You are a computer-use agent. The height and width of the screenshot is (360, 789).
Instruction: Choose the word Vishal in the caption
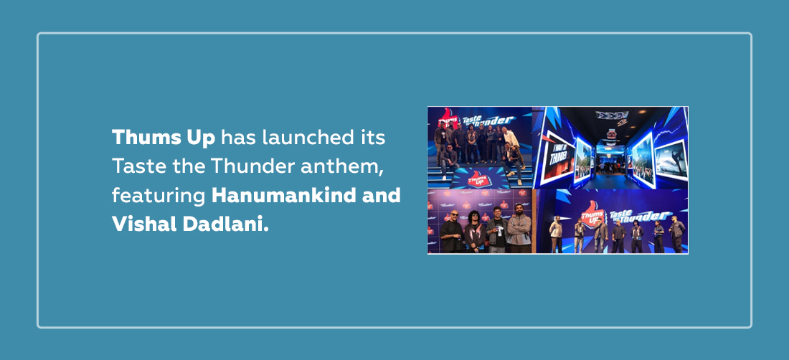(144, 224)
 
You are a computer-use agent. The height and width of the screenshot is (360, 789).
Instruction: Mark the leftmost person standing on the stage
(555, 235)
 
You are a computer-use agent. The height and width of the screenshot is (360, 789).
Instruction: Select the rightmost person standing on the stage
(676, 235)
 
